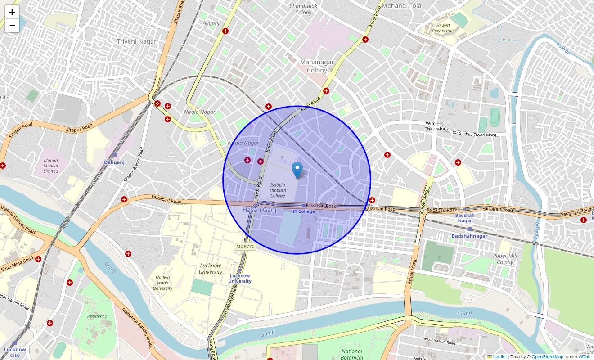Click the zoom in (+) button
(12, 12)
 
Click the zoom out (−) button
(12, 26)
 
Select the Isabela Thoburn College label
(278, 190)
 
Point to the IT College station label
(304, 211)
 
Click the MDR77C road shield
(245, 247)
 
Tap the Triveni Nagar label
(136, 41)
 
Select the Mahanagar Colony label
(317, 66)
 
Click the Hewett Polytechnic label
(443, 27)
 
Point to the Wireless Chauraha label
(434, 126)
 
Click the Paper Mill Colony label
(505, 259)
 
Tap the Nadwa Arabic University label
(162, 283)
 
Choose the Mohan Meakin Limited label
(51, 166)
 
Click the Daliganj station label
(114, 162)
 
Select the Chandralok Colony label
(303, 9)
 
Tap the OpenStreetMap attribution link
(547, 357)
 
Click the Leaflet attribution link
(499, 357)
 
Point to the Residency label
(97, 316)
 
